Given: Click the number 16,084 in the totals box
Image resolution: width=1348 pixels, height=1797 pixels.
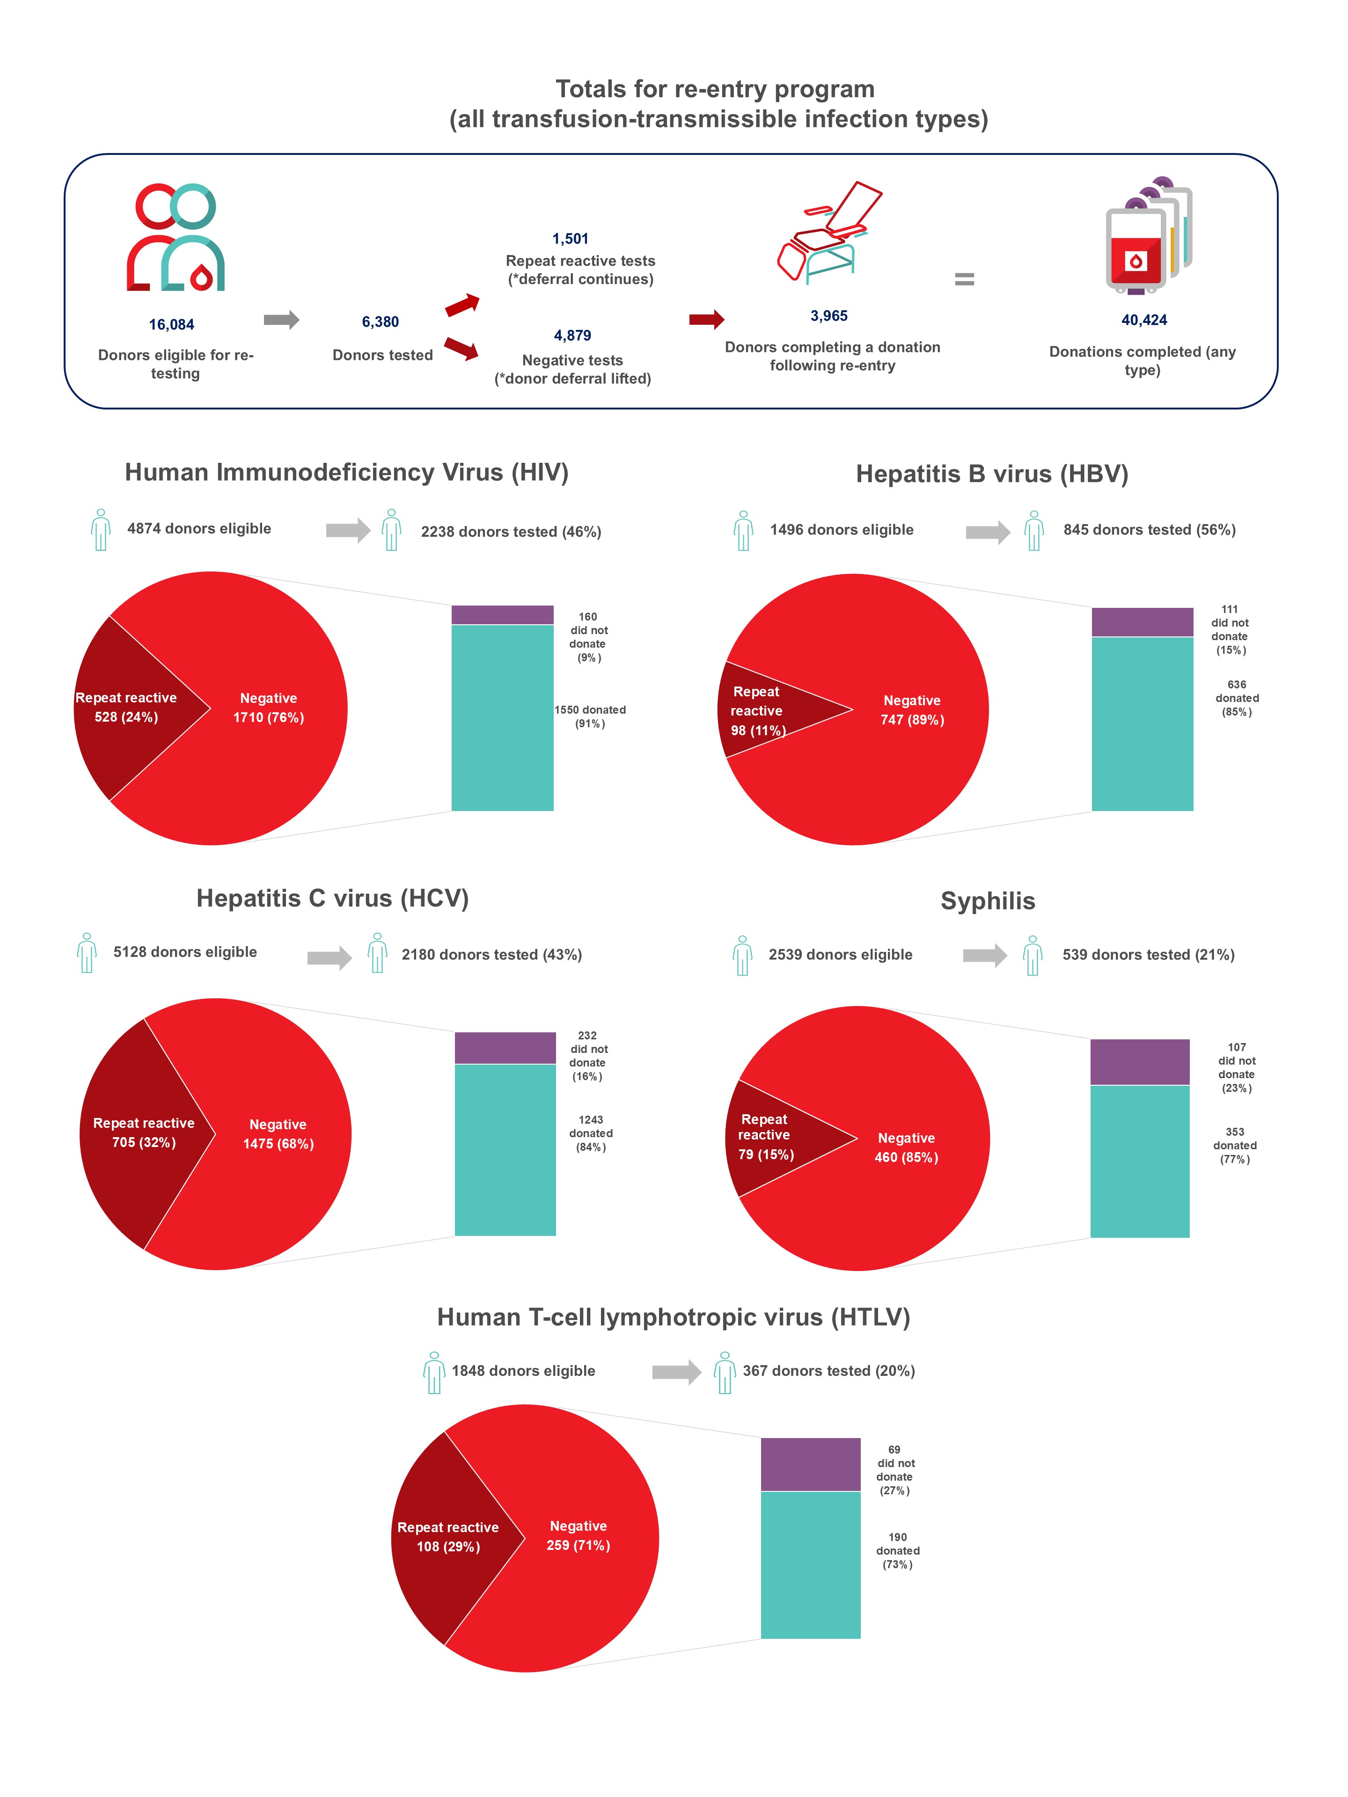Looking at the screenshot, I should (171, 324).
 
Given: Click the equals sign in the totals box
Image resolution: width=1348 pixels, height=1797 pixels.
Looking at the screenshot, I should (964, 279).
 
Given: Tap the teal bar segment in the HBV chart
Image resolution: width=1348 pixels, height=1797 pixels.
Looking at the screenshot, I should (1142, 723).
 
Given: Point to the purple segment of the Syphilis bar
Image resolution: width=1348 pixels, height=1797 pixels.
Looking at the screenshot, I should (1139, 1062).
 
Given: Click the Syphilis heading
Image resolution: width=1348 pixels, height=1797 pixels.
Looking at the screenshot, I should (987, 901).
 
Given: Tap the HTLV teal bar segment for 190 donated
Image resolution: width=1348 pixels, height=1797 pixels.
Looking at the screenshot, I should (810, 1564).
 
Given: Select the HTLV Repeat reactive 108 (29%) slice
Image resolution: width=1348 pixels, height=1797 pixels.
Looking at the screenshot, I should (447, 1535).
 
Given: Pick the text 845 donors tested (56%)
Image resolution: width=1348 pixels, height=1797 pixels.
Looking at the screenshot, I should (1149, 530).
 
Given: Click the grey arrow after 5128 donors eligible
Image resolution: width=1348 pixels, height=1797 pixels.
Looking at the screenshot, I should (328, 958).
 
